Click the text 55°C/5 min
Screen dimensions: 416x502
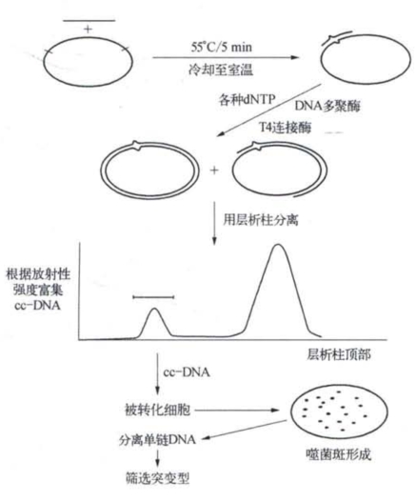222,48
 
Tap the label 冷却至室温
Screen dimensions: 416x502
221,70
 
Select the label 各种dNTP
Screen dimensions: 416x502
247,100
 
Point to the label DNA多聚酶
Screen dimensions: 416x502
327,106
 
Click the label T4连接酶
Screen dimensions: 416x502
285,128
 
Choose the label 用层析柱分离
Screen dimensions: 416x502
261,220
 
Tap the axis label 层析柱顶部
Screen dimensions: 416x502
339,354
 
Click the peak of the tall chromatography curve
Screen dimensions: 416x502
278,245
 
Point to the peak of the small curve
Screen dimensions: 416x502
155,309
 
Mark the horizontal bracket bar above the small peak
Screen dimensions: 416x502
153,297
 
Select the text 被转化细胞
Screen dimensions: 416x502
157,410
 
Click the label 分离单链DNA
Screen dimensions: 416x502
157,439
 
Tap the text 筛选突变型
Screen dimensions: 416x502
157,478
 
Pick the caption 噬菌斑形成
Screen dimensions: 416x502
339,454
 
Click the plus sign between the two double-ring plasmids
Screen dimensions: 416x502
214,170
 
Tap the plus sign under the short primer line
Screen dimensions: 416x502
88,30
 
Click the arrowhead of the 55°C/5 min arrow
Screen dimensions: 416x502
294,57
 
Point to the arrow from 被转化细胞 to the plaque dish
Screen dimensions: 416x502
237,411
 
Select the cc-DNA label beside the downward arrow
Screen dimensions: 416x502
187,372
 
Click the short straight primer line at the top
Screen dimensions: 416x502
89,21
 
